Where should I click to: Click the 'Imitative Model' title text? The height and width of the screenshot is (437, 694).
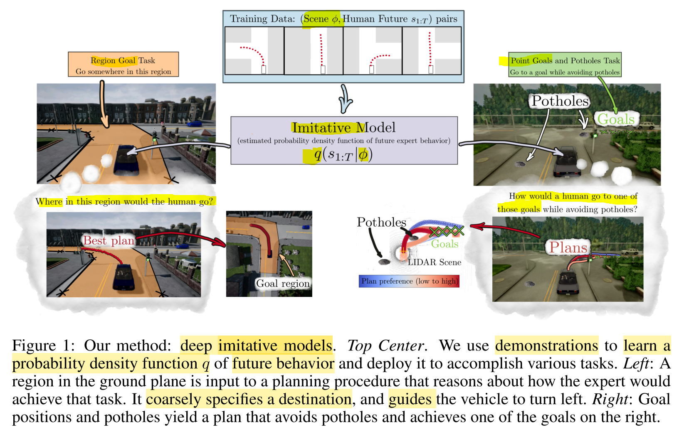[x=343, y=128]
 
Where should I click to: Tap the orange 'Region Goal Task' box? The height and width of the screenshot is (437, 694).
[x=123, y=64]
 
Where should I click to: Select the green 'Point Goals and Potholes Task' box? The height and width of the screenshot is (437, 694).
[x=565, y=65]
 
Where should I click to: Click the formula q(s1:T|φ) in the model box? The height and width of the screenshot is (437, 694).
[x=343, y=155]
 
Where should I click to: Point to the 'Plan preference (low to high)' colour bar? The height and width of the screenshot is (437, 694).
[x=409, y=281]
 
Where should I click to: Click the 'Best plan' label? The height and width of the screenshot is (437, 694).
[x=109, y=241]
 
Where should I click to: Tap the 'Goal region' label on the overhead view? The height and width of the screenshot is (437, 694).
[x=283, y=284]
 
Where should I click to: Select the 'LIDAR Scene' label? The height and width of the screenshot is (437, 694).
[x=434, y=262]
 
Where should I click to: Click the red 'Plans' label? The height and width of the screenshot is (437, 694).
[x=568, y=248]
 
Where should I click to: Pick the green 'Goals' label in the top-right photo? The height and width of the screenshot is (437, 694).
[x=616, y=119]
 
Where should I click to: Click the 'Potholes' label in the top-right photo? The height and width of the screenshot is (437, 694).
[x=560, y=101]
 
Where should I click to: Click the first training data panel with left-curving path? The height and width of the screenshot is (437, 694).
[x=254, y=51]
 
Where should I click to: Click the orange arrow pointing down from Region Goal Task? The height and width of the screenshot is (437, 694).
[x=103, y=104]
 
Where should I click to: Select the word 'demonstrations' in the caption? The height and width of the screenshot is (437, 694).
[x=546, y=346]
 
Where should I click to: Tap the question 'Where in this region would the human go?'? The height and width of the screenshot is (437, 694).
[x=124, y=202]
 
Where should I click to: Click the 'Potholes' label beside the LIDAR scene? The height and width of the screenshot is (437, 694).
[x=381, y=222]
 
